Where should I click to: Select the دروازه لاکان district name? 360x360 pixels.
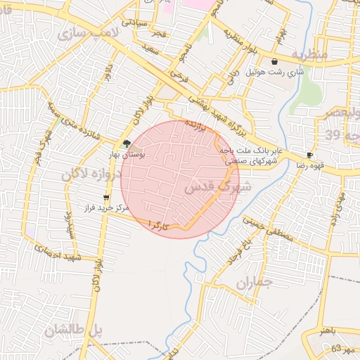pos(96,173)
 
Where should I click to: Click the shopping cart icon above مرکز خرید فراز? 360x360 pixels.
pos(106,198)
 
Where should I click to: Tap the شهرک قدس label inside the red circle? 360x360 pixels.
pos(217,188)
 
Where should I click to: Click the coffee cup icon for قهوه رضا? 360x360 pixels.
pos(310,155)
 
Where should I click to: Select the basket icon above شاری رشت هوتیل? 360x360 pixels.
pos(274,62)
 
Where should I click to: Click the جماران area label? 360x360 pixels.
pos(253,285)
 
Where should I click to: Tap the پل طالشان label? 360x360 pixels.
pos(74,330)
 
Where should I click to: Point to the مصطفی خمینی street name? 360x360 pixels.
pos(271,231)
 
